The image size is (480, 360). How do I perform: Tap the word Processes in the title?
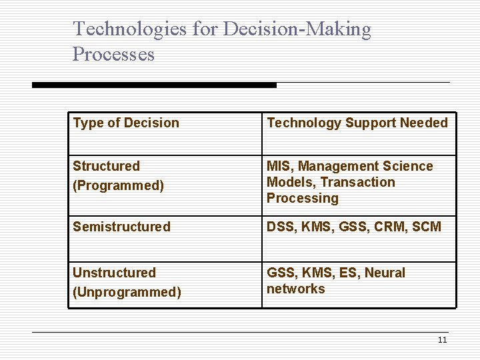pyautogui.click(x=113, y=54)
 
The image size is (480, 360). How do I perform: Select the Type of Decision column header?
pyautogui.click(x=126, y=123)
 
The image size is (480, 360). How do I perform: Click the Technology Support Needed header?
pyautogui.click(x=357, y=123)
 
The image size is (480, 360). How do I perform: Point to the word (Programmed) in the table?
pyautogui.click(x=118, y=185)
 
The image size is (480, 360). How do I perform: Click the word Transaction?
pyautogui.click(x=358, y=182)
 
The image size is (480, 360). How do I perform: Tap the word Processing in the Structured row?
pyautogui.click(x=303, y=198)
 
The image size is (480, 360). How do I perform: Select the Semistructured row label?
pyautogui.click(x=121, y=227)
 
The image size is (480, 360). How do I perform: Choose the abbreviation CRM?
pyautogui.click(x=389, y=227)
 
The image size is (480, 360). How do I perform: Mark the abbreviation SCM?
pyautogui.click(x=427, y=227)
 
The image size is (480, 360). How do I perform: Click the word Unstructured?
pyautogui.click(x=114, y=273)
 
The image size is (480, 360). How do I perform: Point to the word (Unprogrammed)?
pyautogui.click(x=127, y=292)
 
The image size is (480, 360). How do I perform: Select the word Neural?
pyautogui.click(x=385, y=273)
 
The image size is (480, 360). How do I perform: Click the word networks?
pyautogui.click(x=296, y=289)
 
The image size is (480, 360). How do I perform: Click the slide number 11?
pyautogui.click(x=442, y=340)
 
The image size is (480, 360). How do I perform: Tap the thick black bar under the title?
pyautogui.click(x=154, y=85)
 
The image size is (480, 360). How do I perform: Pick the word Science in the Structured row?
pyautogui.click(x=409, y=166)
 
